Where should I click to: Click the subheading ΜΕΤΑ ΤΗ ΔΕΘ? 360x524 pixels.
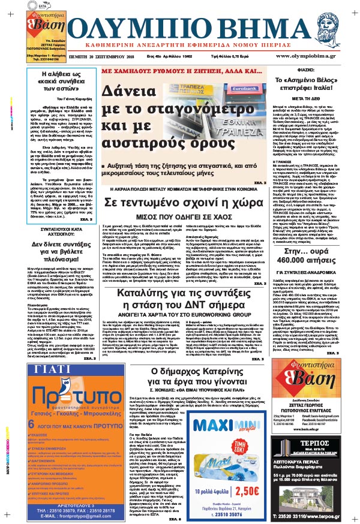click(316, 112)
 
